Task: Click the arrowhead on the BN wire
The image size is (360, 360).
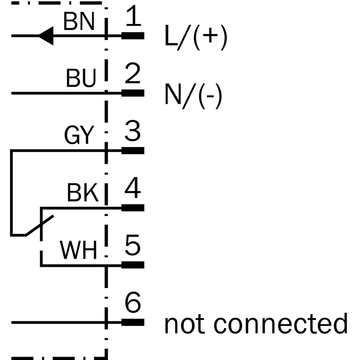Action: point(46,36)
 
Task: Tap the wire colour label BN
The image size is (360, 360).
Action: point(79,21)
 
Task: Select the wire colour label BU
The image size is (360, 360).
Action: point(81,79)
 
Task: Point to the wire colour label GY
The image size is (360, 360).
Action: point(79,135)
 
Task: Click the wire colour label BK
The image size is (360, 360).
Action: point(82,193)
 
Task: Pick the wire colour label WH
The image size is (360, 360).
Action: point(79,251)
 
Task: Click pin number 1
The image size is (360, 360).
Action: point(132,18)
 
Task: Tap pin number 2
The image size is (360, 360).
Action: point(132,75)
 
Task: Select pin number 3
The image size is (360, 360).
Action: point(132,132)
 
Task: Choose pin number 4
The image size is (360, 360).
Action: point(132,189)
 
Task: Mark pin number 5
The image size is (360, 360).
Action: point(132,247)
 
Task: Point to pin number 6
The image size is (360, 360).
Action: point(132,303)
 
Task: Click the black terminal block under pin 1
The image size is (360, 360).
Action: point(133,36)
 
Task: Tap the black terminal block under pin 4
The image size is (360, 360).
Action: point(133,207)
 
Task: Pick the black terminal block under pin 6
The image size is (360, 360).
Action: point(133,322)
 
